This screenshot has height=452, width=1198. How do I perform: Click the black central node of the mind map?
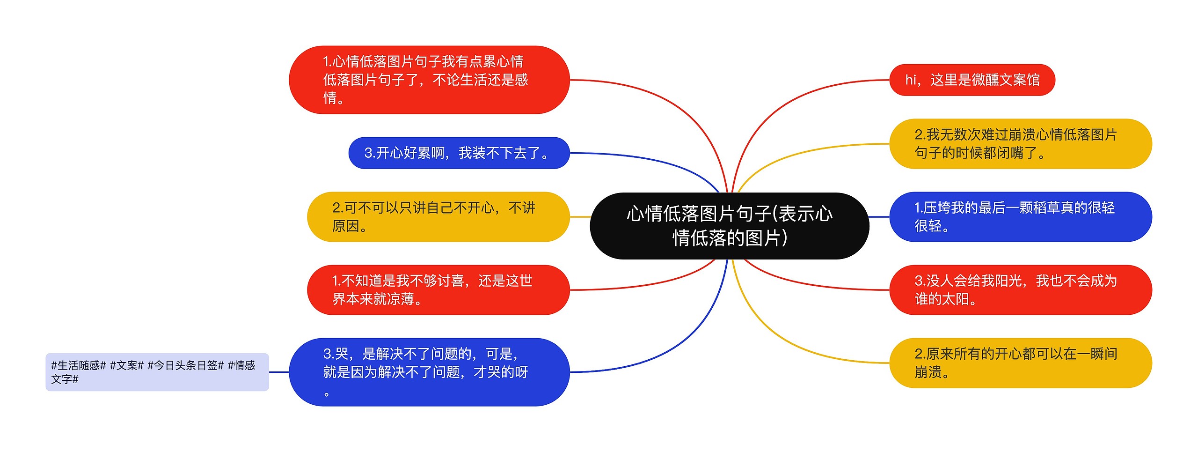pyautogui.click(x=729, y=226)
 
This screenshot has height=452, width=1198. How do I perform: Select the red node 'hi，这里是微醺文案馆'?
pyautogui.click(x=972, y=80)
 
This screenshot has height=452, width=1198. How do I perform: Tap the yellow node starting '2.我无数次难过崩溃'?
pyautogui.click(x=1020, y=144)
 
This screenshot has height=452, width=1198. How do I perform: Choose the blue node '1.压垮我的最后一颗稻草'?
pyautogui.click(x=1020, y=217)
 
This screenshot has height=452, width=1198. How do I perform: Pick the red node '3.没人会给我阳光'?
pyautogui.click(x=1020, y=290)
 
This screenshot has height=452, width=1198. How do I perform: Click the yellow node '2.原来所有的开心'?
pyautogui.click(x=1020, y=363)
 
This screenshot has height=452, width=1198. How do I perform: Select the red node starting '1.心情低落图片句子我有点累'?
pyautogui.click(x=429, y=80)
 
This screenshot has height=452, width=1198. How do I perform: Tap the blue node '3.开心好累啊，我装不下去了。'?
pyautogui.click(x=459, y=153)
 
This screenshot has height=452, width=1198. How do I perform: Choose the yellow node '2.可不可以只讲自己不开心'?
pyautogui.click(x=438, y=217)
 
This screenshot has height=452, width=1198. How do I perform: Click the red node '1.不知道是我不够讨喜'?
pyautogui.click(x=438, y=290)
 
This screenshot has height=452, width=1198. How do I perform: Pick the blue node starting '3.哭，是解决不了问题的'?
pyautogui.click(x=429, y=372)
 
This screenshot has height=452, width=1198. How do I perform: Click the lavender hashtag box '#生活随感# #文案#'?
pyautogui.click(x=157, y=372)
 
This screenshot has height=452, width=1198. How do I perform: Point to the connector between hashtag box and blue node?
pyautogui.click(x=279, y=372)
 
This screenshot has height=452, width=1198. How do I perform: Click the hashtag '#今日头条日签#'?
pyautogui.click(x=186, y=365)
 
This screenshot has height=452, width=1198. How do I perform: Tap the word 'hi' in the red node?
pyautogui.click(x=910, y=80)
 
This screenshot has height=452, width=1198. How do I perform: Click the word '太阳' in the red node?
pyautogui.click(x=955, y=299)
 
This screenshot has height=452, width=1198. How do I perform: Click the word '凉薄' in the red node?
pyautogui.click(x=400, y=299)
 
